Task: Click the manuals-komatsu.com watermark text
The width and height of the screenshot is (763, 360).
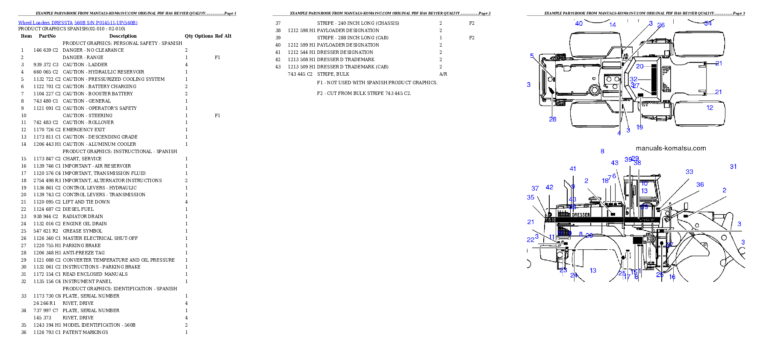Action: tap(671, 148)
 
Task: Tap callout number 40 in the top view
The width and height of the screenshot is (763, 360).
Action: tap(579, 24)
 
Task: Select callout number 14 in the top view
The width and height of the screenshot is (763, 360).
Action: tap(613, 25)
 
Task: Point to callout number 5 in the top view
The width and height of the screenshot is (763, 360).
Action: tap(532, 56)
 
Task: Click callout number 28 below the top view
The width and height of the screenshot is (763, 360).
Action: tap(553, 119)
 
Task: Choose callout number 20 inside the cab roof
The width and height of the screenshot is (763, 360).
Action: tap(639, 66)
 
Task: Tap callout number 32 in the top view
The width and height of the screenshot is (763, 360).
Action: tap(633, 79)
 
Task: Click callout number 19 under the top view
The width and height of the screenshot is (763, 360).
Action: tap(639, 127)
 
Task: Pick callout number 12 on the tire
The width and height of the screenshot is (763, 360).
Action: tap(710, 108)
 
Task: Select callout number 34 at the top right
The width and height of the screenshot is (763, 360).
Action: tap(708, 24)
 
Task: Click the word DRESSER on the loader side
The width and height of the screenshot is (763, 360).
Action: tap(581, 215)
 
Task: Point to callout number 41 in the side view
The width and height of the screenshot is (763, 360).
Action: tap(573, 169)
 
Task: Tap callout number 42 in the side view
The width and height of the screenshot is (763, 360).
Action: tap(549, 187)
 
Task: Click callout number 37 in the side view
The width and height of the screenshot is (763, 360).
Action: tap(535, 189)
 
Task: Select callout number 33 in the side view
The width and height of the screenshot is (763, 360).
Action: tap(689, 172)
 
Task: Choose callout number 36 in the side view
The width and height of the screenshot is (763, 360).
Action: tap(700, 185)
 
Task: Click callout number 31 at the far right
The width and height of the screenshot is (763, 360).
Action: tap(733, 167)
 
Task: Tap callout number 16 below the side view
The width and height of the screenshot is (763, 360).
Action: tap(672, 277)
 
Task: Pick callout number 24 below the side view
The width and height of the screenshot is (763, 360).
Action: tap(574, 275)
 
